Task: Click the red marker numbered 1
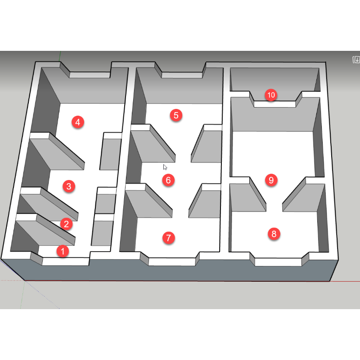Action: click(63, 251)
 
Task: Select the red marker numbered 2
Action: click(66, 224)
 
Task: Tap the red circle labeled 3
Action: click(69, 186)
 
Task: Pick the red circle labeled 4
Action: click(78, 122)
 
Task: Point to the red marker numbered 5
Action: click(176, 115)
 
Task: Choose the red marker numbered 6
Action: click(168, 180)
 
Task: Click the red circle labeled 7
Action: click(168, 238)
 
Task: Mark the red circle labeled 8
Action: click(274, 234)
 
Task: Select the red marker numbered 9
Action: click(271, 180)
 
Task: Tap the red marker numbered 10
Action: click(271, 95)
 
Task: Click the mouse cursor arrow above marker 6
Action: click(165, 167)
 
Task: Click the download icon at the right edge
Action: click(356, 60)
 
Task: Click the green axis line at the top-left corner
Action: click(60, 57)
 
